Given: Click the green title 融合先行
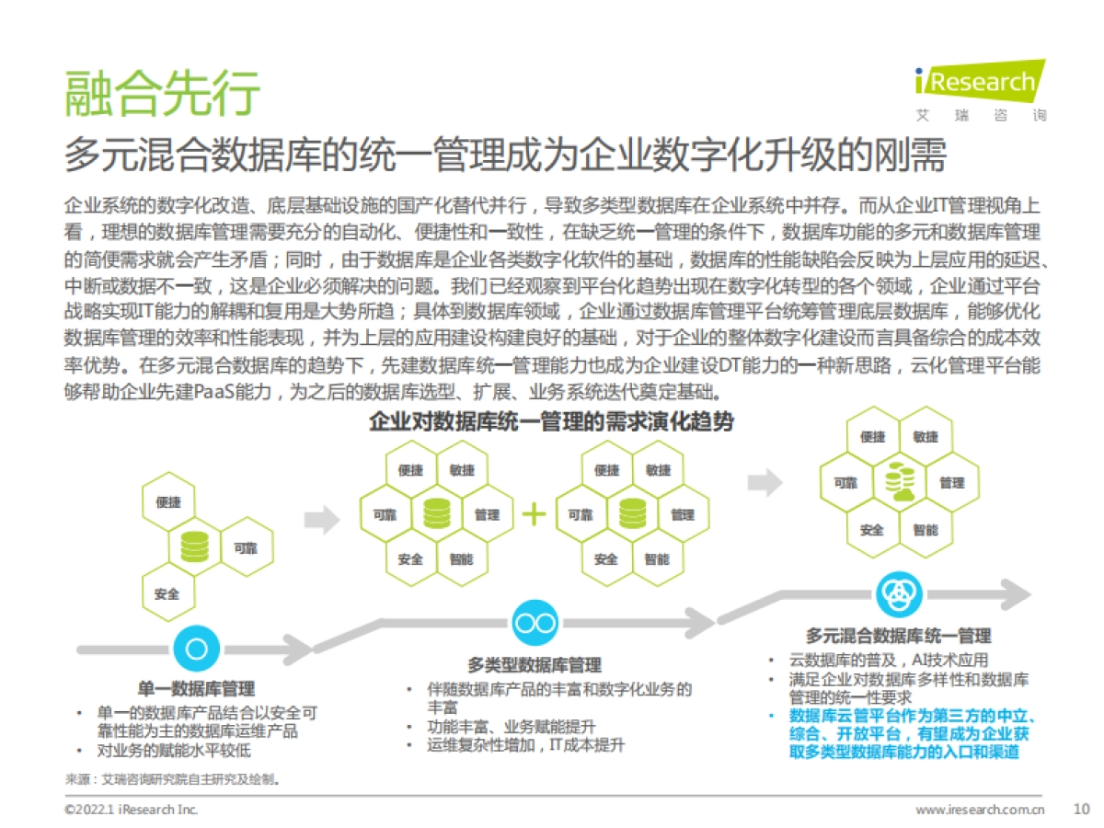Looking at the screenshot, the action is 163,92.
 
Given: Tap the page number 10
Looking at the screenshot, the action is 1081,810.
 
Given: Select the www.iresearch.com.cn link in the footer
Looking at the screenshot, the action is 981,810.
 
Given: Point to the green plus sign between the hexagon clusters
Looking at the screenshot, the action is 535,515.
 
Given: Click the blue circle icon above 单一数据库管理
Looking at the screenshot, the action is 196,649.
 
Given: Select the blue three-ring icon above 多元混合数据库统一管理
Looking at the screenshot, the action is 898,594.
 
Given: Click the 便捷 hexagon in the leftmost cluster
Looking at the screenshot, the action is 169,502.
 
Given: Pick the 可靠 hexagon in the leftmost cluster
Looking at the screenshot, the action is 245,548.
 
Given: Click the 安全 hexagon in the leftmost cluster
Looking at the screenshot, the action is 168,593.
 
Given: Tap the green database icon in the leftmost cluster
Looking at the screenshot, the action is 195,547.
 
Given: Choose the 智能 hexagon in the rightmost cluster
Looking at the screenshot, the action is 926,530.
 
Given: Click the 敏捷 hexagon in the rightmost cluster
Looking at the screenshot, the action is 926,437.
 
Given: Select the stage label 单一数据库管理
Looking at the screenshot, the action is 196,689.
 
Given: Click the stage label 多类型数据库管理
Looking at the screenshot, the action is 534,665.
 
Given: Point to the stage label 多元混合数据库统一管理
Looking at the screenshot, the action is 898,636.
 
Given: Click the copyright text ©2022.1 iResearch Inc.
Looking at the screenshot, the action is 131,810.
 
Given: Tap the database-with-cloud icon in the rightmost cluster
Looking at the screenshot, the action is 899,483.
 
